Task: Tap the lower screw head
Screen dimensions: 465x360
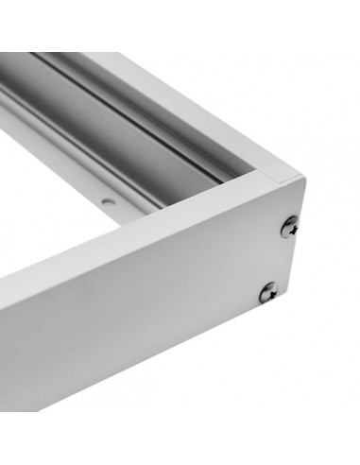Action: click(x=268, y=292)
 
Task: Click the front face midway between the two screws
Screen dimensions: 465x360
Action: click(x=279, y=259)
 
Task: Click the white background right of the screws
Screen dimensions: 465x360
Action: click(x=331, y=265)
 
